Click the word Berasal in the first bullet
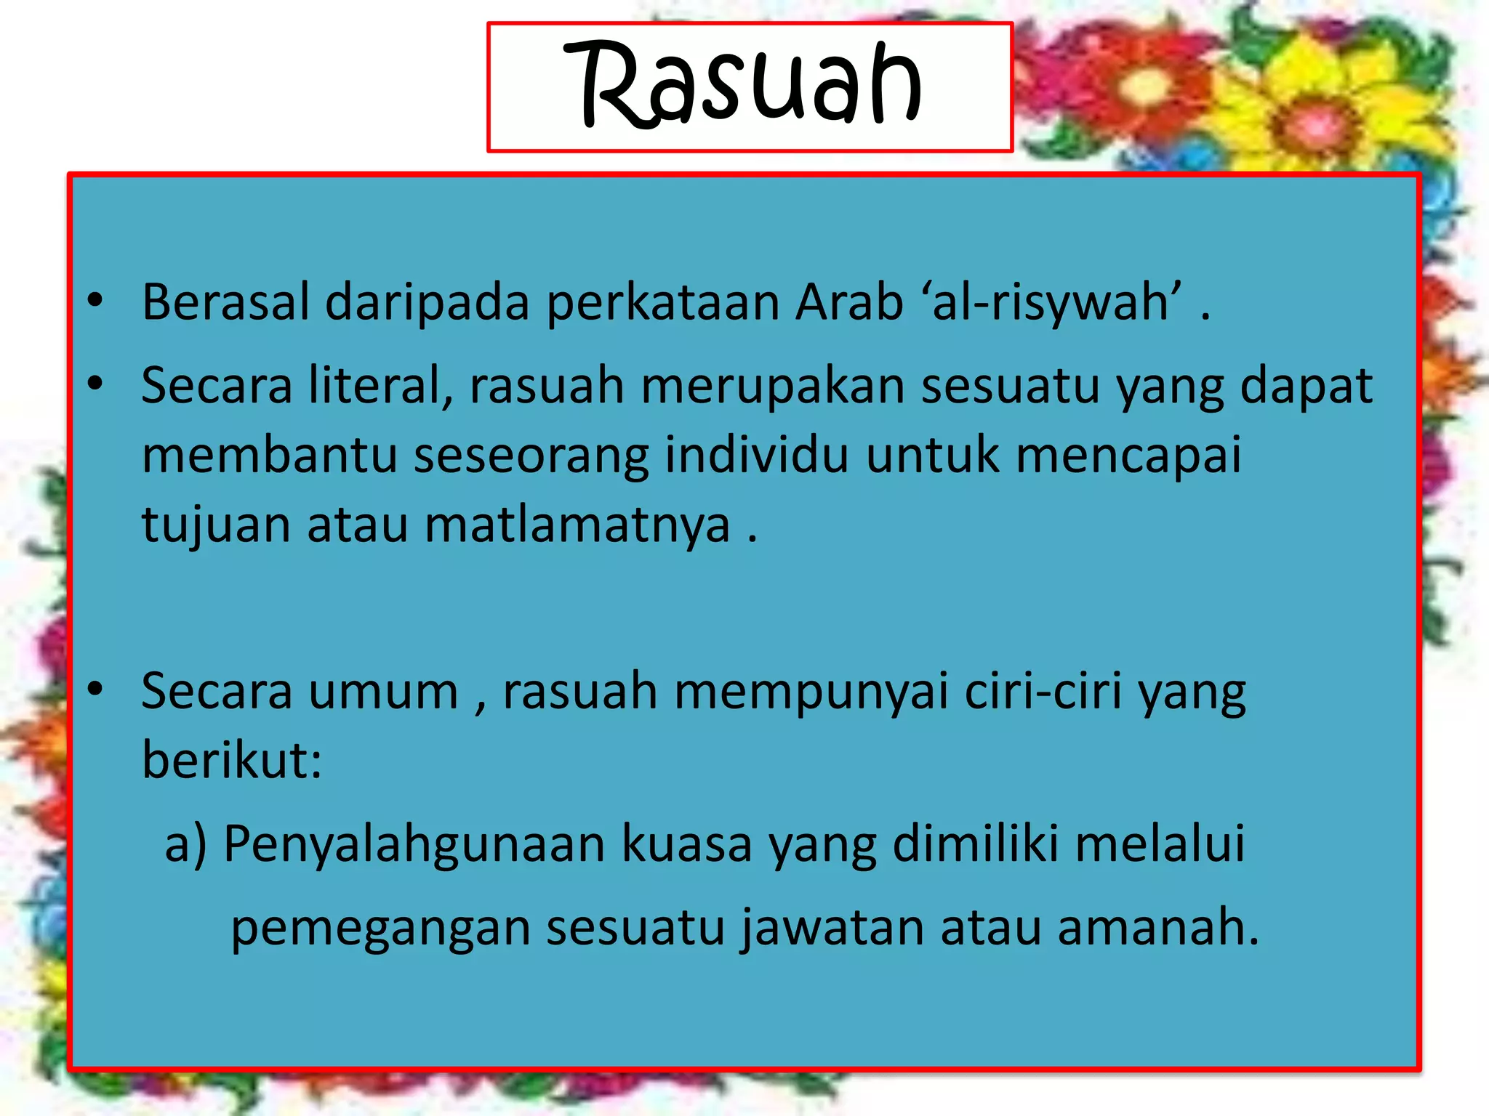[226, 302]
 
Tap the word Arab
[848, 302]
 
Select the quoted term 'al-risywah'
[1051, 302]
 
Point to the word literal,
[381, 385]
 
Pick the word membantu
[269, 455]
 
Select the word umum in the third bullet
[384, 692]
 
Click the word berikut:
[232, 760]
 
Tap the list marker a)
[186, 844]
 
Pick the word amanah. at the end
[1157, 928]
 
